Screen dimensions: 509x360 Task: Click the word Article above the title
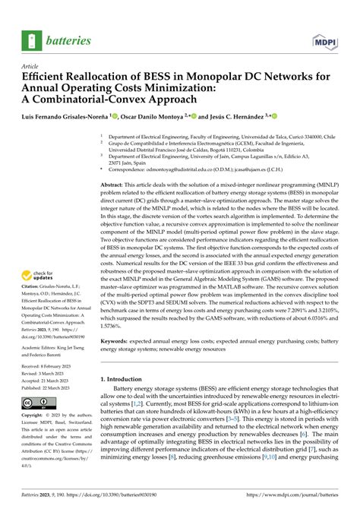[x=30, y=65]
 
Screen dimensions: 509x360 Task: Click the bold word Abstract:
[x=113, y=185]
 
